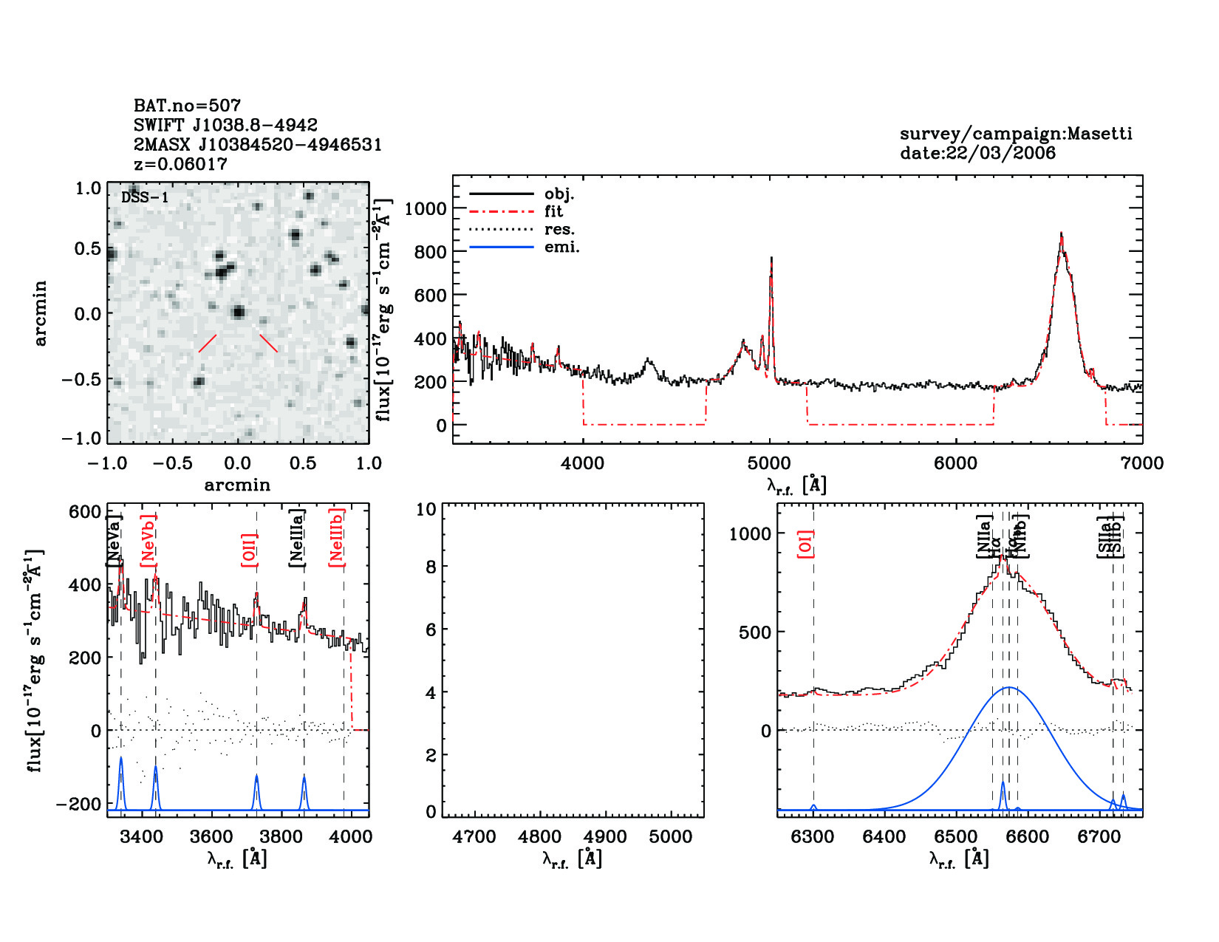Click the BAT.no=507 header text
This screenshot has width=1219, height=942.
point(187,106)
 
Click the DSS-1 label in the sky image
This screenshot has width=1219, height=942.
point(145,197)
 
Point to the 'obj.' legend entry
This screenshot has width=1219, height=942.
point(559,194)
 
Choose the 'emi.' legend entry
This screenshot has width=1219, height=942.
point(561,248)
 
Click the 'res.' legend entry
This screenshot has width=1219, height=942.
point(559,230)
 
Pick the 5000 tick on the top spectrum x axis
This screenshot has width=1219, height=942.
point(769,464)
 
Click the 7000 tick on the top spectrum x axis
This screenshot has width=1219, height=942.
point(1142,464)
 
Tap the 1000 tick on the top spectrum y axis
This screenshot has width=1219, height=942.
point(426,209)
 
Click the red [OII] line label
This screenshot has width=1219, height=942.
point(249,550)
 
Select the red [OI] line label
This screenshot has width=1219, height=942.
point(805,543)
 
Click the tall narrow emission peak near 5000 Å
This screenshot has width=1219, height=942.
point(771,258)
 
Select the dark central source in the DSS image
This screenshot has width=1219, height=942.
point(238,312)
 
